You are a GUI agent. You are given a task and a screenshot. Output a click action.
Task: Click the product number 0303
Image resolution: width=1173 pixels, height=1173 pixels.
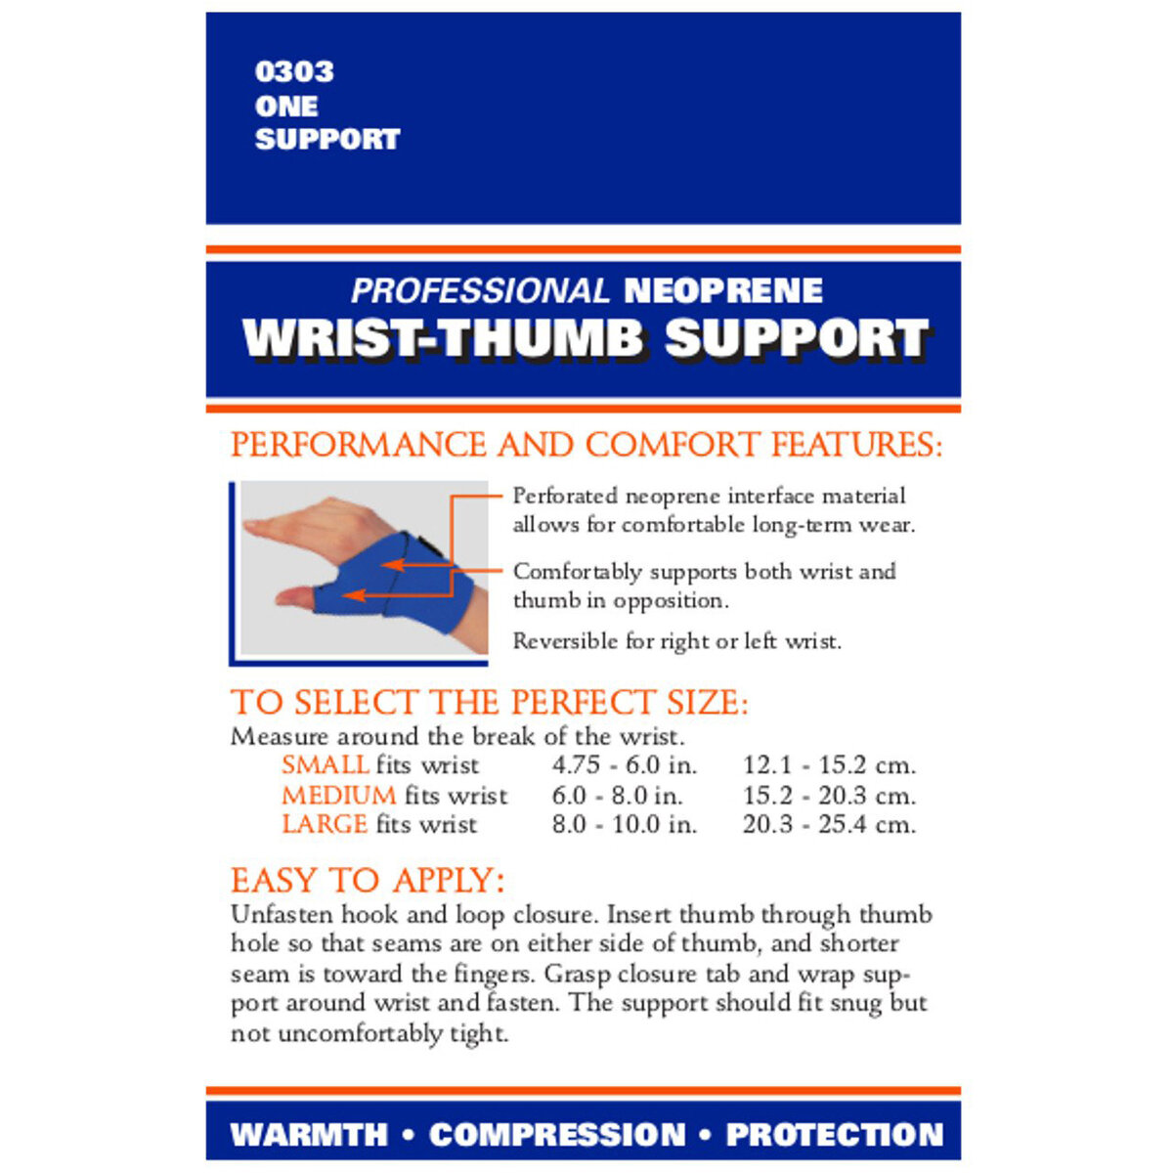[293, 71]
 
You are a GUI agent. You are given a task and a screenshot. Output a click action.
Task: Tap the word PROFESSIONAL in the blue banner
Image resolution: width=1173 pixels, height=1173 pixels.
[479, 290]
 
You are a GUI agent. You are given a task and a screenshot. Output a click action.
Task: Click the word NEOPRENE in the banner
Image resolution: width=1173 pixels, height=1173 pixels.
[722, 290]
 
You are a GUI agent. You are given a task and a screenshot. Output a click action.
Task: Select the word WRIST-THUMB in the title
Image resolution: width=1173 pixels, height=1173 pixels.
[442, 338]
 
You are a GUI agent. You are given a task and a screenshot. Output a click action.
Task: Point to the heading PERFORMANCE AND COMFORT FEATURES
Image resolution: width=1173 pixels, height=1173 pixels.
[586, 445]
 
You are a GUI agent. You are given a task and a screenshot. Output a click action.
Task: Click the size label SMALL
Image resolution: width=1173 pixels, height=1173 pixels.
[325, 764]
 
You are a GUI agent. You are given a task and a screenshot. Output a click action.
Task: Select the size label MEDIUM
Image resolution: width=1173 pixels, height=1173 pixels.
[338, 795]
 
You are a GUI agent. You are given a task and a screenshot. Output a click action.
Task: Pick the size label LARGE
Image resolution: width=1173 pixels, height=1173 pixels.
[325, 824]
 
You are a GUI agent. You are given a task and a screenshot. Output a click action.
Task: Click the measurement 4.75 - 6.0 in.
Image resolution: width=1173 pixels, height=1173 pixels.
[624, 764]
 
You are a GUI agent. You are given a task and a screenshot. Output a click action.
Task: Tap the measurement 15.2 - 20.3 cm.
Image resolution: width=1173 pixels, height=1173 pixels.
[829, 795]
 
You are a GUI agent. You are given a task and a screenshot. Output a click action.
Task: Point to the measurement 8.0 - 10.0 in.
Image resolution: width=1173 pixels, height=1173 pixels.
[624, 824]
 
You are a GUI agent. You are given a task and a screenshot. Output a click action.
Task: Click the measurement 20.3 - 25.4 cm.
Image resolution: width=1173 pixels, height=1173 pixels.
[829, 824]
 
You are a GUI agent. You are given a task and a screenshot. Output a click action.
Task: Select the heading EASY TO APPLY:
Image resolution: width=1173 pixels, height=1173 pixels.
[368, 880]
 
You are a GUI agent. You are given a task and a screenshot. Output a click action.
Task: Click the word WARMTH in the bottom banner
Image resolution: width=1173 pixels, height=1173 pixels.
[309, 1134]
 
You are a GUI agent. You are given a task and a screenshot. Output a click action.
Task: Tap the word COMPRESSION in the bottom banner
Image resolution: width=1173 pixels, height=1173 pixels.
[557, 1134]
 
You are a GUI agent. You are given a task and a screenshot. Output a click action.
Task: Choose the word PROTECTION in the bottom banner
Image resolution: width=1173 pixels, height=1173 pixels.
[834, 1134]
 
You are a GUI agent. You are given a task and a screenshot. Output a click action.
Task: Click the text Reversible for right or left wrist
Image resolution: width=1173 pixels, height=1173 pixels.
[676, 641]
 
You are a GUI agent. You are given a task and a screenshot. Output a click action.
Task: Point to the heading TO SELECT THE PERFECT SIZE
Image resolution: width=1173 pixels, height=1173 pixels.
[489, 702]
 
